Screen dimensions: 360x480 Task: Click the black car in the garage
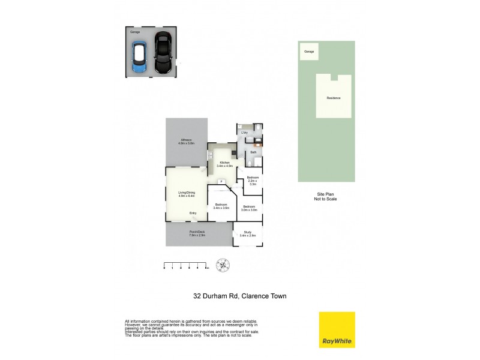[x=162, y=53]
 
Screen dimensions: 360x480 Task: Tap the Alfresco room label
[x=187, y=142]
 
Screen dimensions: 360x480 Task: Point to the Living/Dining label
[x=187, y=194]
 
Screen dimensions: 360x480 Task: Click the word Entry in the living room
[x=193, y=214]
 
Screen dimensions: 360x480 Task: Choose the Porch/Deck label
[x=197, y=234]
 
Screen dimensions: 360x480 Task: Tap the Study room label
[x=248, y=234]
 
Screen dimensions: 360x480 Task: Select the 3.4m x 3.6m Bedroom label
[x=221, y=206]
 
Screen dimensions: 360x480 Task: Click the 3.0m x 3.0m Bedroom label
[x=249, y=208]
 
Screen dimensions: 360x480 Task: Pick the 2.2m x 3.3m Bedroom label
[x=253, y=181]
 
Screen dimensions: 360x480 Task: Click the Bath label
[x=254, y=153]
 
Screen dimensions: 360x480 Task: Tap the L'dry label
[x=245, y=133]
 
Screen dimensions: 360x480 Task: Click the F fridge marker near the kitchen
[x=221, y=181]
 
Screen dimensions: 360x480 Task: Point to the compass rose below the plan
[x=223, y=265]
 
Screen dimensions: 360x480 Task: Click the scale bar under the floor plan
[x=185, y=264]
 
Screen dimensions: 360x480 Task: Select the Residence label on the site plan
[x=334, y=98]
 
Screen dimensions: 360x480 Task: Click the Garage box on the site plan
[x=309, y=52]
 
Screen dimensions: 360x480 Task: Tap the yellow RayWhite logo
[x=337, y=330]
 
